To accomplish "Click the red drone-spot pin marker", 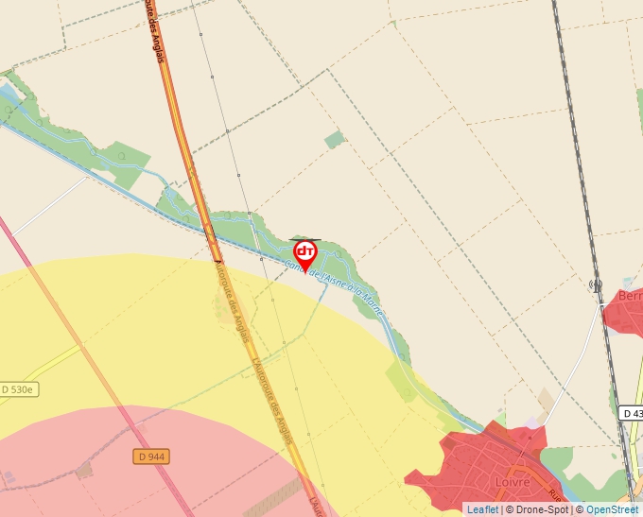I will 305,253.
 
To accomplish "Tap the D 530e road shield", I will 18,389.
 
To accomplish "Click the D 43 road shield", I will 632,413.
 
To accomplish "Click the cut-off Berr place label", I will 629,297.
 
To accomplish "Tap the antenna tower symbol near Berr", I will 596,284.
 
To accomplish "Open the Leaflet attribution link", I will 482,509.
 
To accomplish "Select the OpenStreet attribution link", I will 612,509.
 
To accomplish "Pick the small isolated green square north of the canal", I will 335,140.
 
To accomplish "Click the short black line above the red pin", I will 304,239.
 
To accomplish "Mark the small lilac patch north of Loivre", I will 535,422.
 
